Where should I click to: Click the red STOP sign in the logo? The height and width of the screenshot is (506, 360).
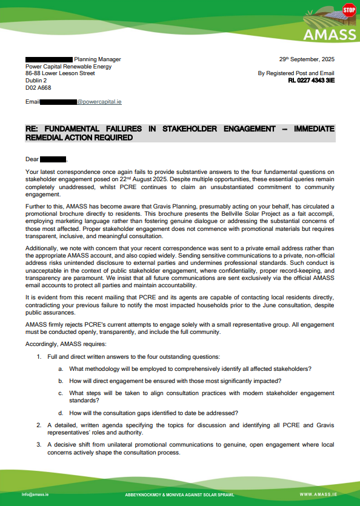pos(349,10)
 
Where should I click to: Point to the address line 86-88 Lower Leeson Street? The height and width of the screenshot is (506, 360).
pos(60,73)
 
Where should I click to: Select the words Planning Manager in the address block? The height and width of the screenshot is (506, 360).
pos(97,59)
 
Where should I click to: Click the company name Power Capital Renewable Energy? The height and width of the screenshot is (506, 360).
pos(68,67)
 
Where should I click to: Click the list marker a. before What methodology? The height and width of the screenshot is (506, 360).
pos(61,369)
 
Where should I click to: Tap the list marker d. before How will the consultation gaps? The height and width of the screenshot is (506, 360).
pos(61,413)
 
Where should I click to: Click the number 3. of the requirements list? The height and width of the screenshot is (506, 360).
pos(39,445)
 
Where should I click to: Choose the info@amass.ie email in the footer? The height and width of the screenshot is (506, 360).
pos(36,494)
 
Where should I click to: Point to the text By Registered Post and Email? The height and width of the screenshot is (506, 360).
pos(296,73)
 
